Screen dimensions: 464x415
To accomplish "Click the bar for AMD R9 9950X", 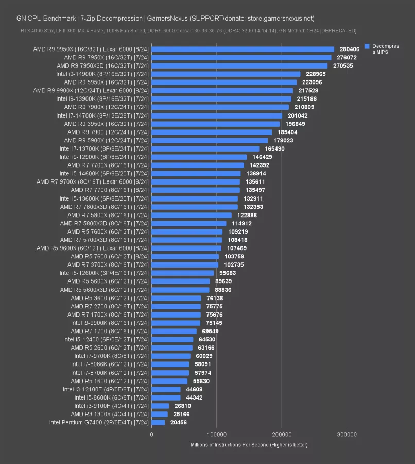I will pyautogui.click(x=243, y=49).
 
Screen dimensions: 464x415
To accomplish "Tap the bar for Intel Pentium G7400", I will pyautogui.click(x=158, y=423).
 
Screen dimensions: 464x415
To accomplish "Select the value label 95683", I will pyautogui.click(x=229, y=273).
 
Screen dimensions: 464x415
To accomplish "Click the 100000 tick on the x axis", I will pyautogui.click(x=217, y=435).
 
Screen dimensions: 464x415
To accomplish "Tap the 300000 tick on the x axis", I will pyautogui.click(x=347, y=435).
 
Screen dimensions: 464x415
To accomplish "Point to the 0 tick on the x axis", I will pyautogui.click(x=152, y=435).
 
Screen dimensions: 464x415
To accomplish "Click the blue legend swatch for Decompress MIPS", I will pyautogui.click(x=367, y=46).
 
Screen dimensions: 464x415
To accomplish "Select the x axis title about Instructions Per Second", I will pyautogui.click(x=249, y=444).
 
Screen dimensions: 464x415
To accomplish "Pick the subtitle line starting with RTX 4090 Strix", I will pyautogui.click(x=188, y=31).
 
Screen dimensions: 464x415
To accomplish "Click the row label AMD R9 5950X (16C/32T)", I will pyautogui.click(x=106, y=82).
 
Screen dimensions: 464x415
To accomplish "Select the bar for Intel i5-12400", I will pyautogui.click(x=172, y=339).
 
